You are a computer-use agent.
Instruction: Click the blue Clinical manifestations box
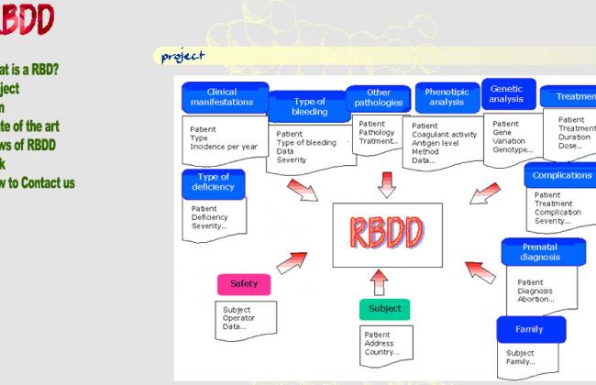coord(224,98)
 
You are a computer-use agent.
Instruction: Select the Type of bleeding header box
coord(309,105)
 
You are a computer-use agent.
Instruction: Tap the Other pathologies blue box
coord(378,98)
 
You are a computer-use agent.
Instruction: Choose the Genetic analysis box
coord(507,94)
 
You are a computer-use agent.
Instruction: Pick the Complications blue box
coord(562,175)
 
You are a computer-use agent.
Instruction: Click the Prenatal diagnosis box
coord(540,251)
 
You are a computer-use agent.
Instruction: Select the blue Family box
coord(528,329)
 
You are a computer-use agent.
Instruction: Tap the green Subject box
coord(384,309)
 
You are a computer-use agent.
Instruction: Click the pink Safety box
coord(244,284)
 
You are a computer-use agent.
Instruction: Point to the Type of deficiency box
coord(213,181)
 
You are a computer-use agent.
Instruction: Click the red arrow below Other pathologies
coord(386,181)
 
